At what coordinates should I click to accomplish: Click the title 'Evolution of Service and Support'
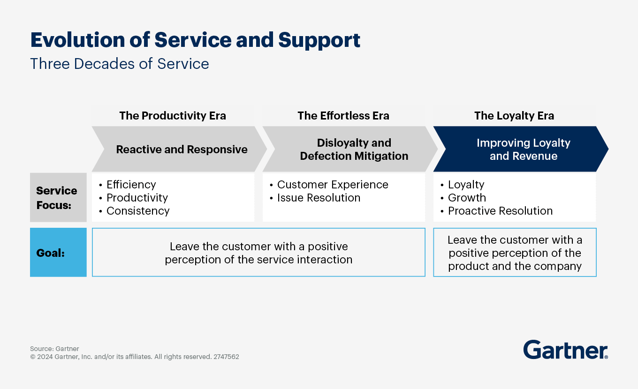pos(195,40)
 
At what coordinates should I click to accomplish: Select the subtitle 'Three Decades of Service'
pos(120,64)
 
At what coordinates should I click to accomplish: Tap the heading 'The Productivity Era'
pos(173,116)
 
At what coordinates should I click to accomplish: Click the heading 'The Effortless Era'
pos(343,116)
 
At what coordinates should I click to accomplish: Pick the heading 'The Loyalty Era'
pos(514,116)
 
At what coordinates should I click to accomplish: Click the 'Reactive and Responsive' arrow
pos(182,150)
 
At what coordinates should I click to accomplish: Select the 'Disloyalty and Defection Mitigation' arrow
pos(354,150)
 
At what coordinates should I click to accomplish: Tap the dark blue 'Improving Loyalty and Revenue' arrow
pos(523,150)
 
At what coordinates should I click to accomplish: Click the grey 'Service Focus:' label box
pos(58,197)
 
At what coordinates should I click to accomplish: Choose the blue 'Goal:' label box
pos(58,253)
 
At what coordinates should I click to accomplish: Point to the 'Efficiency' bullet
pos(131,185)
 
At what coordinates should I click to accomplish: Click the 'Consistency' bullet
pos(138,211)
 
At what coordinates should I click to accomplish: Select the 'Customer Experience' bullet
pos(332,185)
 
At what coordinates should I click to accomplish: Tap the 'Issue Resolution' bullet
pos(319,198)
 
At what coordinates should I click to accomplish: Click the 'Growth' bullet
pos(467,198)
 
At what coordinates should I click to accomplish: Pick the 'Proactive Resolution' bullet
pos(500,211)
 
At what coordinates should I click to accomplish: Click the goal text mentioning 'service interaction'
pos(258,253)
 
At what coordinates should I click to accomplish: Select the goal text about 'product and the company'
pos(515,253)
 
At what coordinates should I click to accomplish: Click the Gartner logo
pos(565,350)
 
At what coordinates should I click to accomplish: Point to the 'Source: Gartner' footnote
pos(54,349)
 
